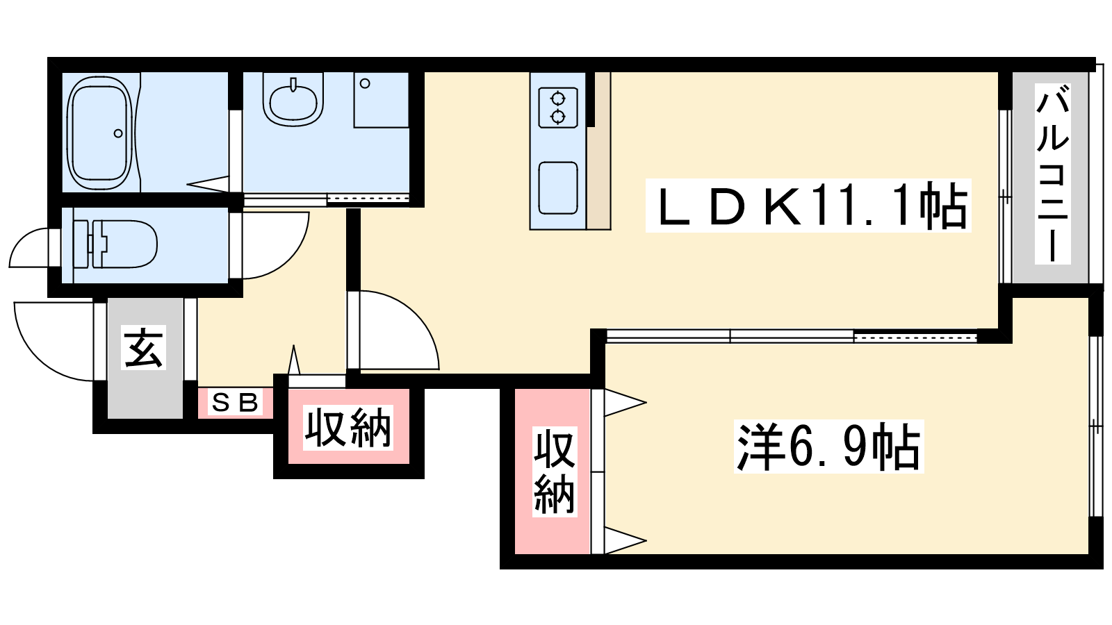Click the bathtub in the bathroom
point(99,132)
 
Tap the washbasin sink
point(293,101)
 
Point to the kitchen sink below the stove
point(558,187)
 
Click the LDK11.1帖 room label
point(808,206)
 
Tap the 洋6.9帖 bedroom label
point(828,447)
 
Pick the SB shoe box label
point(235,402)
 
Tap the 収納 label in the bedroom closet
point(554,472)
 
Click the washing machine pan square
point(381,99)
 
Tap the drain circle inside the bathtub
point(118,133)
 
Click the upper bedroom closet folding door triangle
point(623,402)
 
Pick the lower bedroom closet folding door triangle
point(623,540)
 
